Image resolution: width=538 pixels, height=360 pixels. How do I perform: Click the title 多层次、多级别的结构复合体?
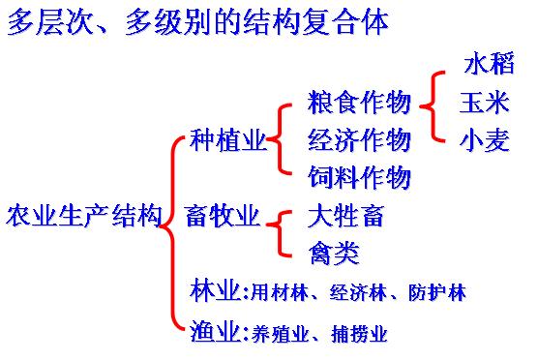[197, 22]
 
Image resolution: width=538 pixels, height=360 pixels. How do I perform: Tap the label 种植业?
[228, 140]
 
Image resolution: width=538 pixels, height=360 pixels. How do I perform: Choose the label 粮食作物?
[359, 103]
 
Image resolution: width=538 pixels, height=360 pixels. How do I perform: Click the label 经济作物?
[359, 140]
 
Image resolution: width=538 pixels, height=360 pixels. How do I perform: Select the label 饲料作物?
[359, 178]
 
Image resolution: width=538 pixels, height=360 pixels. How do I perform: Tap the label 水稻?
[490, 66]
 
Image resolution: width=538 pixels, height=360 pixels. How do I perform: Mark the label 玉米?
[485, 103]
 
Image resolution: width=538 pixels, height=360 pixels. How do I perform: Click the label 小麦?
[485, 140]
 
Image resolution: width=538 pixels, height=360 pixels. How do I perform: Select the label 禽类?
[333, 254]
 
